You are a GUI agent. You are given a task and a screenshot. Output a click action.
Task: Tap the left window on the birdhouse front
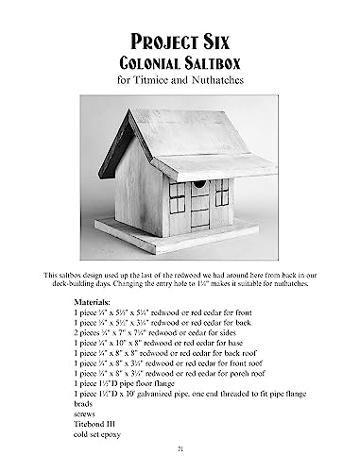pyautogui.click(x=177, y=195)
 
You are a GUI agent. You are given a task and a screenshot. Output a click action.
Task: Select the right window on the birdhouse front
pyautogui.click(x=223, y=193)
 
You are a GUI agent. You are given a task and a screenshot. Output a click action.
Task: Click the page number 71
pyautogui.click(x=180, y=448)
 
